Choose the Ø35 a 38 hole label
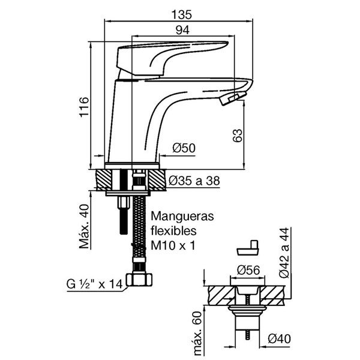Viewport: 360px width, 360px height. coord(197,181)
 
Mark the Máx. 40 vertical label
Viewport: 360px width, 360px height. coord(84,226)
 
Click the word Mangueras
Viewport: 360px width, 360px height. coord(179,216)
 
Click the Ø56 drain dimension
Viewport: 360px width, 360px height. coord(247,269)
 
